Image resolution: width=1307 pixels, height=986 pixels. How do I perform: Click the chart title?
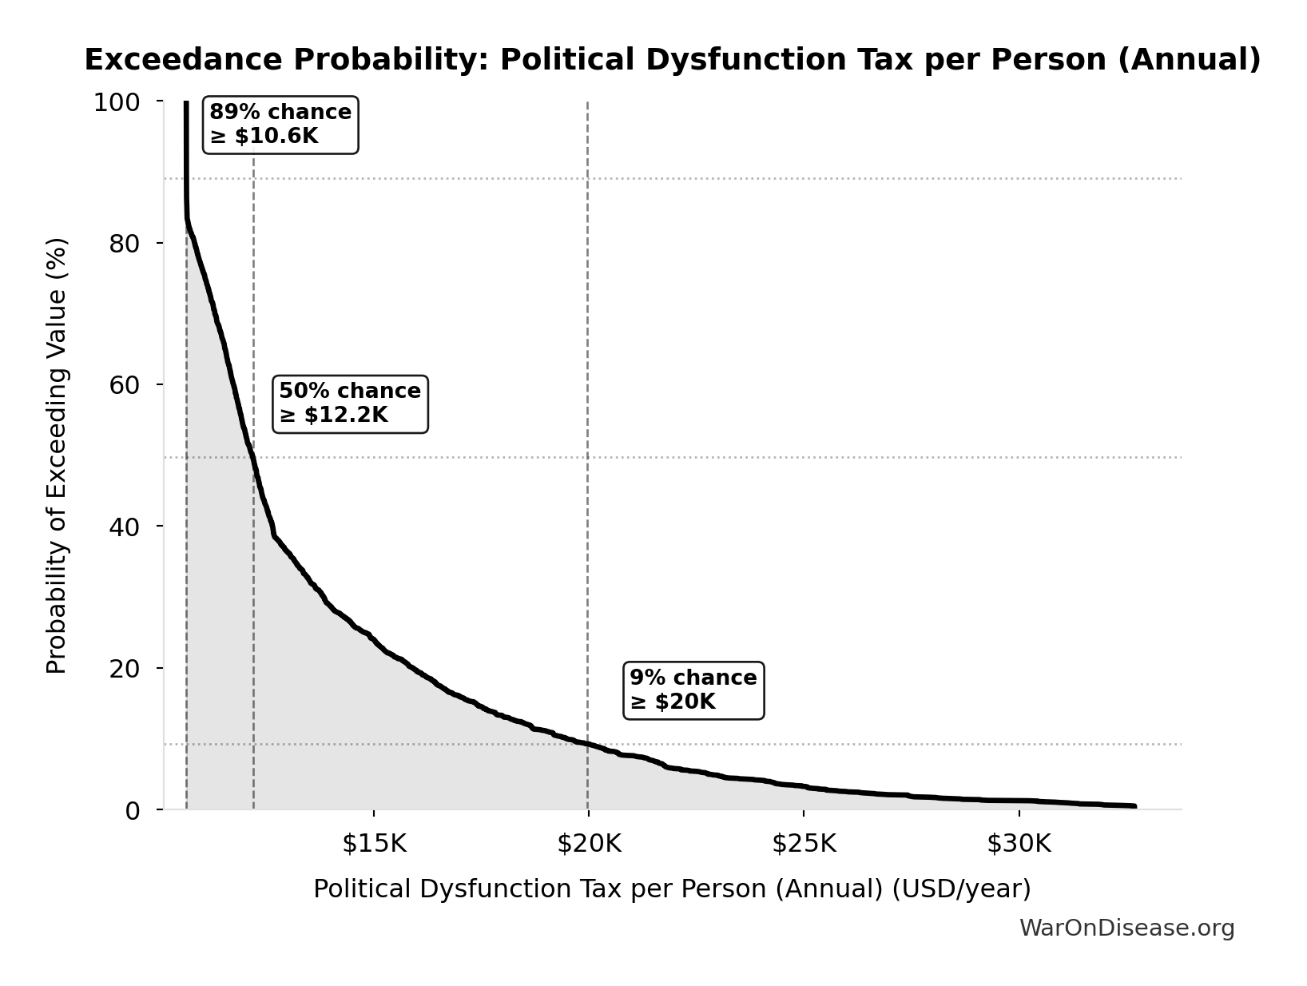coord(672,60)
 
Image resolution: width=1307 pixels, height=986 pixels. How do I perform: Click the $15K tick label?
coord(374,844)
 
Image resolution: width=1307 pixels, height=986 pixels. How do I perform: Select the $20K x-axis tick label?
coord(589,844)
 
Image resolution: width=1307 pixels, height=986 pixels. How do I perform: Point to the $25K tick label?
coord(804,844)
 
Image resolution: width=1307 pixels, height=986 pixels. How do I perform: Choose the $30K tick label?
coord(1019,844)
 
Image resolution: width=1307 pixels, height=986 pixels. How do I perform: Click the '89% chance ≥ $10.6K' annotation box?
coord(280,125)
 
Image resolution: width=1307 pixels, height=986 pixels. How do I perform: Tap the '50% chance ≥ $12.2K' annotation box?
coord(350,404)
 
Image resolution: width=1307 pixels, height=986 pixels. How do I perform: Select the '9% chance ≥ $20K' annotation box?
coord(693,690)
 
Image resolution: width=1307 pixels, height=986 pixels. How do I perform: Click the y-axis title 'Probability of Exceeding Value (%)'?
coord(57,455)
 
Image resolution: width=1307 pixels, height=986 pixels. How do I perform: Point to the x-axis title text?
coord(672,889)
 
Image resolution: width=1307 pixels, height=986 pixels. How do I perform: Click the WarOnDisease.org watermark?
coord(1126,928)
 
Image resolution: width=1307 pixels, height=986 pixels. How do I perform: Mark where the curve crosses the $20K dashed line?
coord(588,744)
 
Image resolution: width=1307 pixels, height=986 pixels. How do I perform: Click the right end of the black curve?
coord(1134,806)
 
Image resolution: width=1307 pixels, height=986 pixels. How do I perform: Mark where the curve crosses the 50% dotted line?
coord(252,457)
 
